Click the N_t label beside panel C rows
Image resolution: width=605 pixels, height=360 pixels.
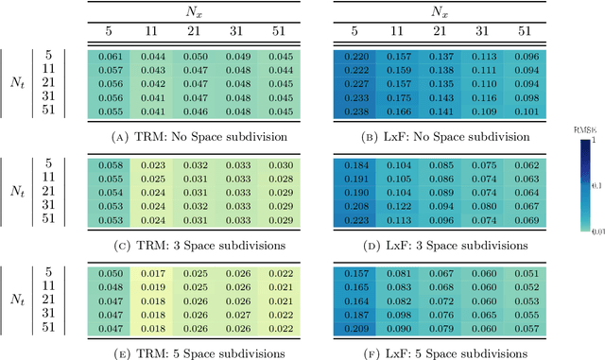click(x=18, y=193)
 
